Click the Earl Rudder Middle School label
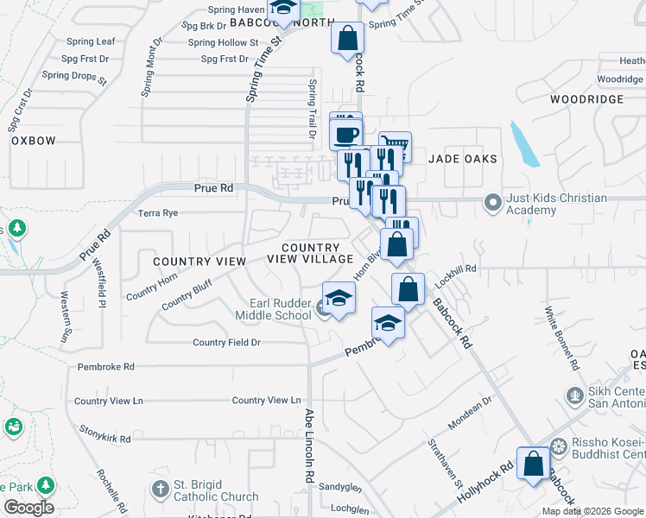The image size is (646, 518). [x=280, y=309]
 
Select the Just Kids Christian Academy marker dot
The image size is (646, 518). [x=493, y=204]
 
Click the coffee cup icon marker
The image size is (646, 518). [x=346, y=135]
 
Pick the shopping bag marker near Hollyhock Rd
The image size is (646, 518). [x=534, y=463]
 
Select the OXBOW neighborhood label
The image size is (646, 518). [x=34, y=141]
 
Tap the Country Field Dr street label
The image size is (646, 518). [x=227, y=343]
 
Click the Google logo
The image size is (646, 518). [x=28, y=508]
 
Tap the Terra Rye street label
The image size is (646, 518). [x=157, y=212]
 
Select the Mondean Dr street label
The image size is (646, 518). [x=470, y=413]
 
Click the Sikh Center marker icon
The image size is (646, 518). [x=573, y=395]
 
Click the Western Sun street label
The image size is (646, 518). [x=66, y=316]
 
